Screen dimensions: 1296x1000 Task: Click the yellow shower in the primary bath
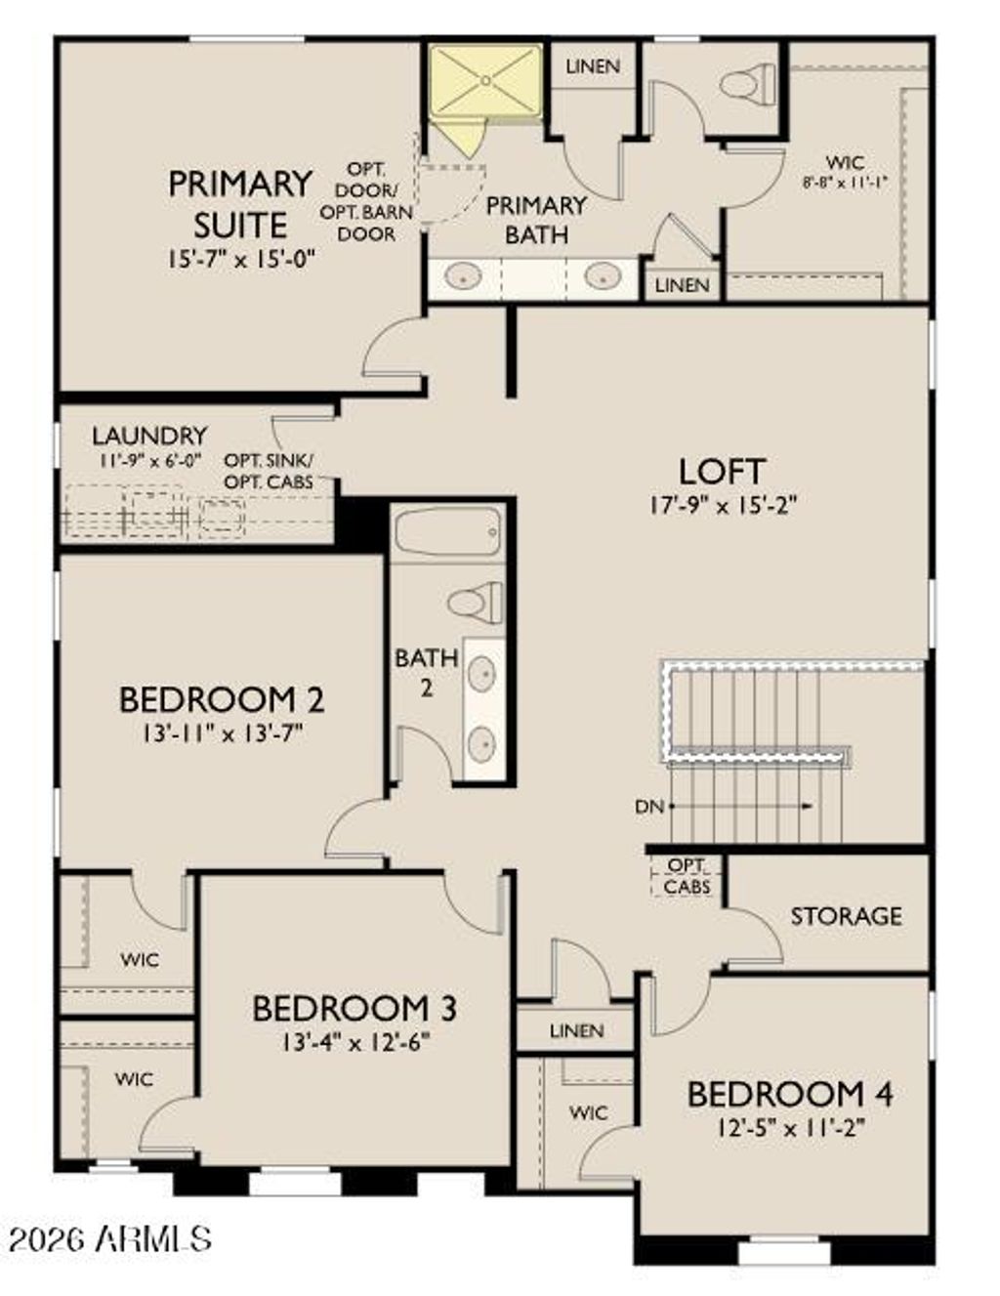485,82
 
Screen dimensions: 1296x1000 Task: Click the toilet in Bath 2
476,601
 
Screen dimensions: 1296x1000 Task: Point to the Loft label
722,472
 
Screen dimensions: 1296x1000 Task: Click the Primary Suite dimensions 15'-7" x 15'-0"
241,260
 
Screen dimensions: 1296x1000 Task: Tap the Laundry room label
149,436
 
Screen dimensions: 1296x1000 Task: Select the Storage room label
846,916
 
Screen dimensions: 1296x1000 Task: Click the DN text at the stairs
649,807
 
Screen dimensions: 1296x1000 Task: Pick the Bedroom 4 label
790,1094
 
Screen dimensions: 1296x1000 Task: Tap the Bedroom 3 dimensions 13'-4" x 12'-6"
355,1041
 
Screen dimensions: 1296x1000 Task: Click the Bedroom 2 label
222,699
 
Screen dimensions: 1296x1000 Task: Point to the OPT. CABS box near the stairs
687,876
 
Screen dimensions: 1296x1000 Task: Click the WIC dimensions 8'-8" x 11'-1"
845,182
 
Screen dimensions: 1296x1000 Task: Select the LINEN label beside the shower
593,66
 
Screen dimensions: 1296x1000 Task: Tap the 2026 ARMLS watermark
109,1239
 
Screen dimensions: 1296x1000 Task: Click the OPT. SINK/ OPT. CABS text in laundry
269,470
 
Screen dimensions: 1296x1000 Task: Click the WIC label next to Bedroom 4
588,1112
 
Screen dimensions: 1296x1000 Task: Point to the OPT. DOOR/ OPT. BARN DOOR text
366,202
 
